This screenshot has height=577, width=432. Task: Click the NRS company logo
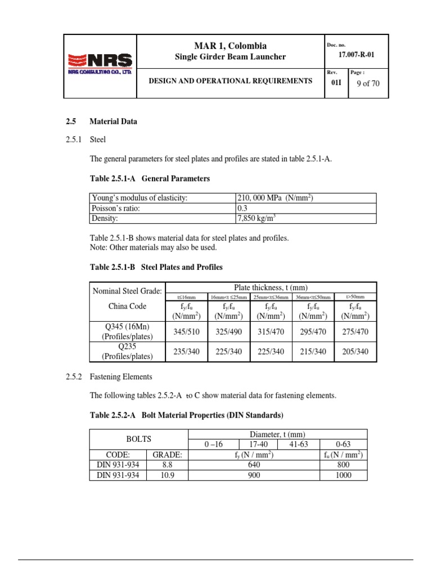100,63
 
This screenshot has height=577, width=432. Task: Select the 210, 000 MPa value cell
275,198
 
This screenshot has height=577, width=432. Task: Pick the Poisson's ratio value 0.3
243,208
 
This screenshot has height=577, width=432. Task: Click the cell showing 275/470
355,332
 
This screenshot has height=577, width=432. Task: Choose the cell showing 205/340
355,352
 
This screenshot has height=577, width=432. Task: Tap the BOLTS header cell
139,438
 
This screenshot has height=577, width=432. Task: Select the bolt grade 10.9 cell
167,475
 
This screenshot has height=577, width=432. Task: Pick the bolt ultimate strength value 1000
343,475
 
